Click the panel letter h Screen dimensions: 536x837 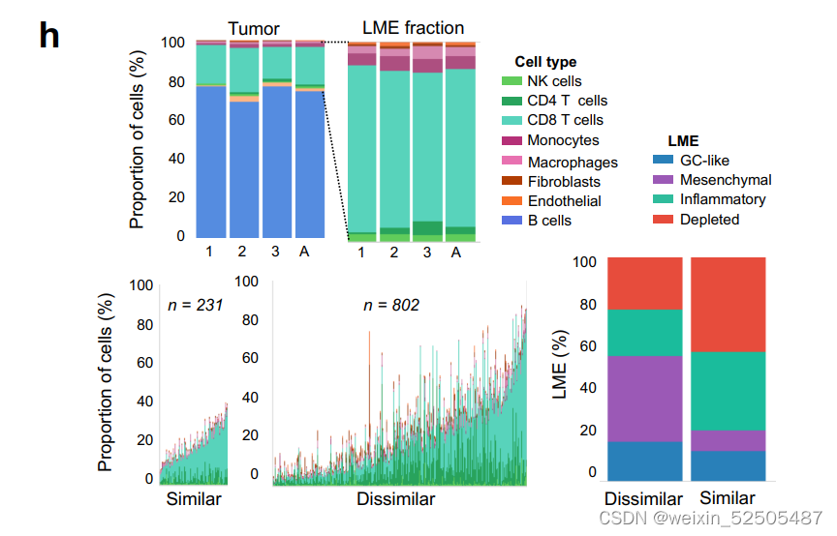tap(49, 36)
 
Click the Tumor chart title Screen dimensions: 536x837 tap(253, 28)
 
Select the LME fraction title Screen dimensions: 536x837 tap(413, 28)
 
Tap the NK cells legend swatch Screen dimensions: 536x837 tap(512, 81)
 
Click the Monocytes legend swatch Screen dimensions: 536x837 tap(512, 141)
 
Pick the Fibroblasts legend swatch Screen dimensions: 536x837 tap(512, 181)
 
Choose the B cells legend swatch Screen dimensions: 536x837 tap(512, 221)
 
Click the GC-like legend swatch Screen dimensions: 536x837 tap(663, 161)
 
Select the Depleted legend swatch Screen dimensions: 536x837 tap(663, 220)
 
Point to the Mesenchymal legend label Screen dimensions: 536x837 tap(726, 180)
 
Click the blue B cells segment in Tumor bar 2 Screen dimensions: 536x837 tap(243, 169)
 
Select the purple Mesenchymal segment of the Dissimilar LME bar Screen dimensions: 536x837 tap(643, 399)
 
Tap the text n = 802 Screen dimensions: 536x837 tap(391, 306)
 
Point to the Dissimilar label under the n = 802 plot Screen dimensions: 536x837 tap(395, 499)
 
